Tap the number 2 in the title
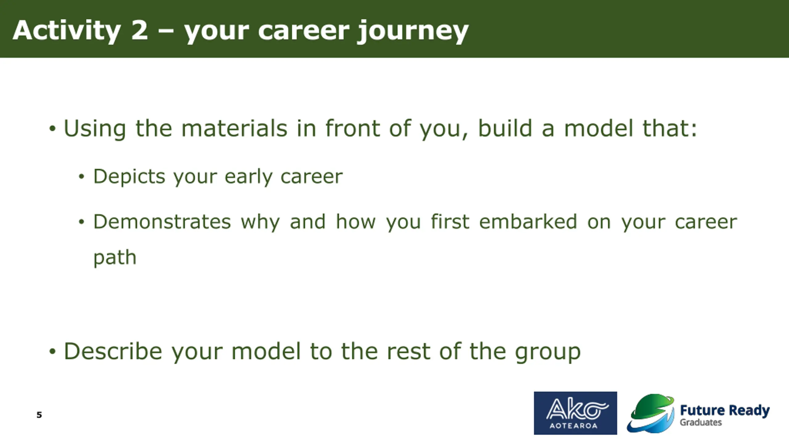click(140, 30)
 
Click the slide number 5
click(39, 415)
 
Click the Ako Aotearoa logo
click(575, 413)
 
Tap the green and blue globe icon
click(651, 413)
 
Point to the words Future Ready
click(725, 411)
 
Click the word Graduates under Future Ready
click(701, 422)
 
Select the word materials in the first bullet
click(234, 128)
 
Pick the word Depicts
click(129, 177)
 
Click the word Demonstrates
click(162, 222)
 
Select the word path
click(115, 258)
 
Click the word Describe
click(113, 351)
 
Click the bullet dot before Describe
click(52, 352)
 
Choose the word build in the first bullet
click(505, 128)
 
